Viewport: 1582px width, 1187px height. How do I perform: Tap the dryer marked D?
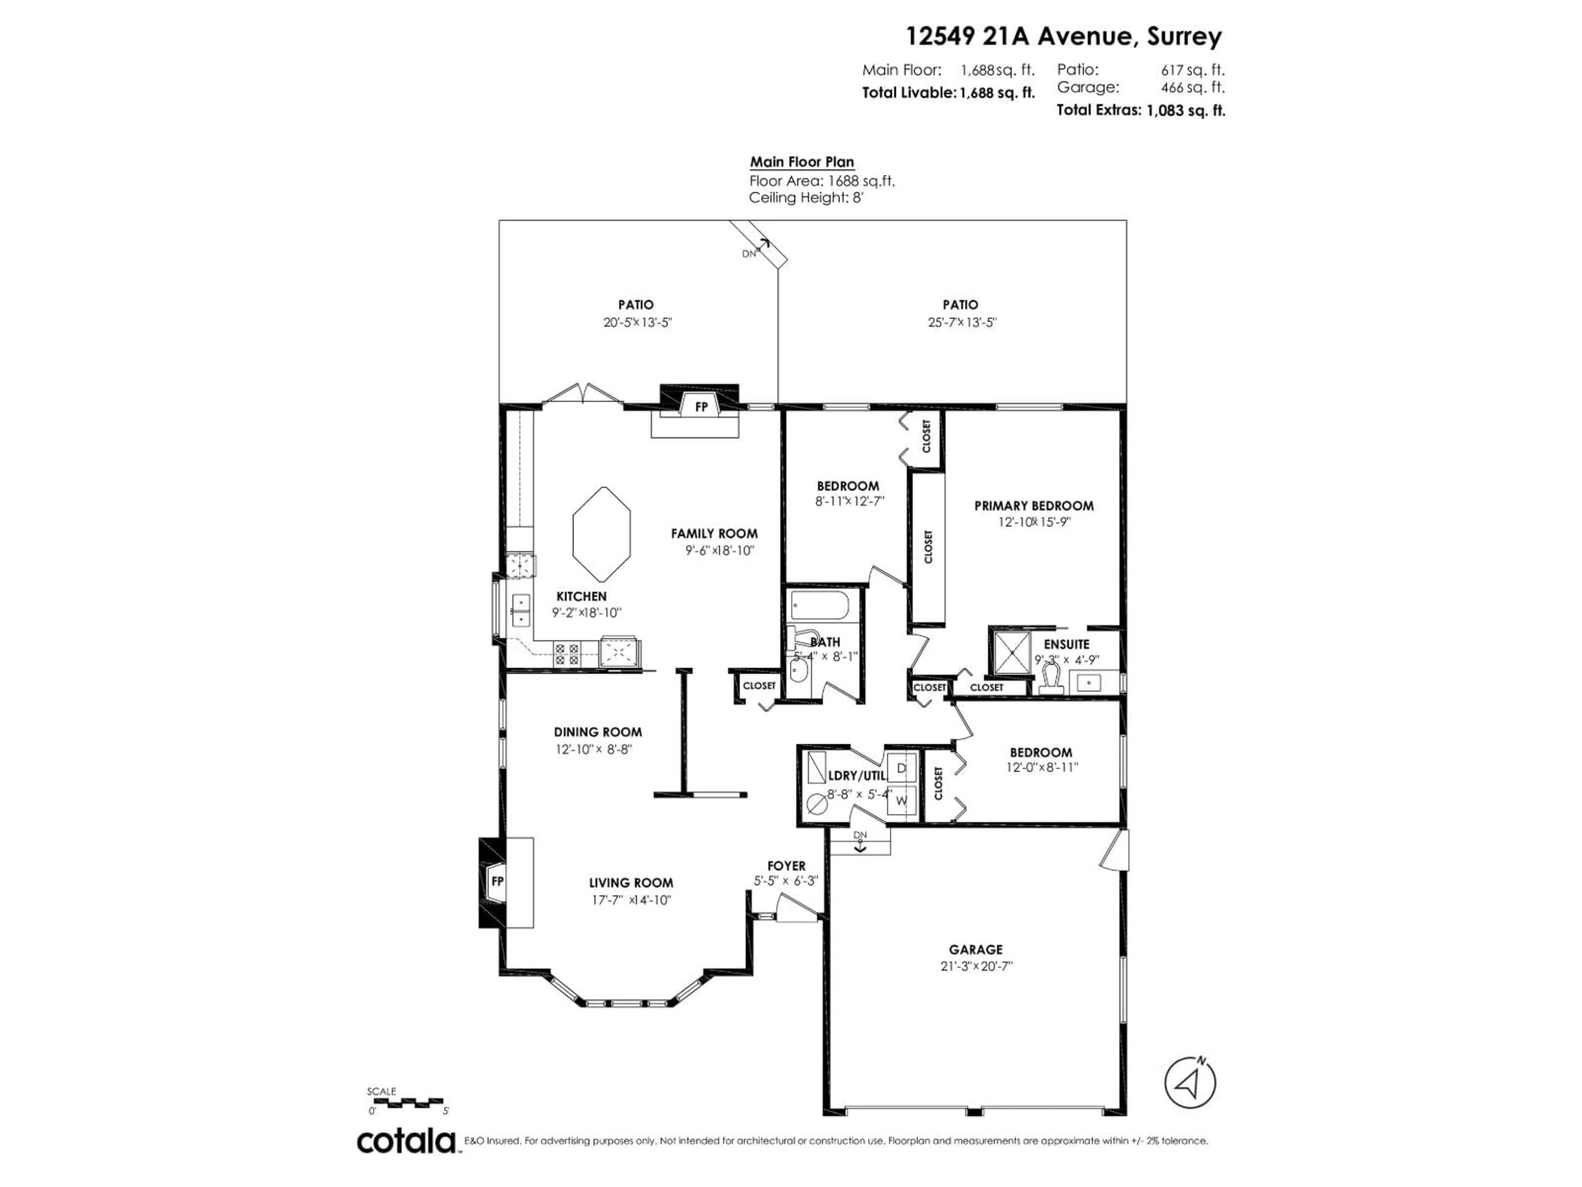pos(901,768)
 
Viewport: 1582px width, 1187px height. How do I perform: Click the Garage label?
pos(976,950)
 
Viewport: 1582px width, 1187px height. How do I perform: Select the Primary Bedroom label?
pos(1033,506)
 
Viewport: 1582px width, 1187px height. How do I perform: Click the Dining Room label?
pos(597,732)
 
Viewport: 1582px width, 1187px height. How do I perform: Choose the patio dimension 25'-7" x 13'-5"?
pos(962,323)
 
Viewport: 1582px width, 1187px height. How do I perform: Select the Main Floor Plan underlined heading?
pos(802,162)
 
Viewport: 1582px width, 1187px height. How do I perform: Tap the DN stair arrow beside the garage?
pos(860,842)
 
